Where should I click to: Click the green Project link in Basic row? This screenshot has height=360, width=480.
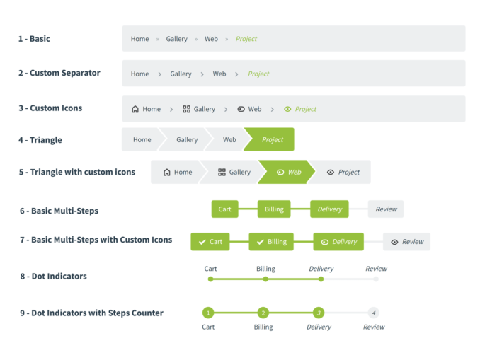[246, 39]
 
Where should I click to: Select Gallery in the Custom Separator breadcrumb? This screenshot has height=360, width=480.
[181, 74]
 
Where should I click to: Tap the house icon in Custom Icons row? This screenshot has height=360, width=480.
[135, 109]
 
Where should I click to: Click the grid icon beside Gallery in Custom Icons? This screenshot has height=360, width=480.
[186, 109]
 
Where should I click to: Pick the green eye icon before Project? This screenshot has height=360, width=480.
[287, 109]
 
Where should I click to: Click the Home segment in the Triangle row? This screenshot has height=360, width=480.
[142, 139]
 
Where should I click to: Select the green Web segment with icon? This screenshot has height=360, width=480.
[287, 172]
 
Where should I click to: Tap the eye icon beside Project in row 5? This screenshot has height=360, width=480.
[331, 172]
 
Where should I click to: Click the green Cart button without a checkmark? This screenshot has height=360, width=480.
[224, 209]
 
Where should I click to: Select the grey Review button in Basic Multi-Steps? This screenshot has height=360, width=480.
[386, 209]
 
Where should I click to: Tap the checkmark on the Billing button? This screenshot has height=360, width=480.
[261, 242]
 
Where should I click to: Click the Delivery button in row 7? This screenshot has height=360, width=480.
[338, 242]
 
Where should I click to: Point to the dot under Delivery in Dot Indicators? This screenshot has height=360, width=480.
[321, 279]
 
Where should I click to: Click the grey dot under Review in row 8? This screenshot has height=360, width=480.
[376, 279]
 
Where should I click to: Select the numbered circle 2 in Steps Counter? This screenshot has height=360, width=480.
[263, 313]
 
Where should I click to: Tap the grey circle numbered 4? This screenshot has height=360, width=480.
[374, 313]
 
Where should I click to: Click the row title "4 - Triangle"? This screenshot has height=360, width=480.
[40, 140]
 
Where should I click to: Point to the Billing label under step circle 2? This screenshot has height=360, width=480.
[263, 327]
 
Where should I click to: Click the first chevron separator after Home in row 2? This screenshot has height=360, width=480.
[159, 74]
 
